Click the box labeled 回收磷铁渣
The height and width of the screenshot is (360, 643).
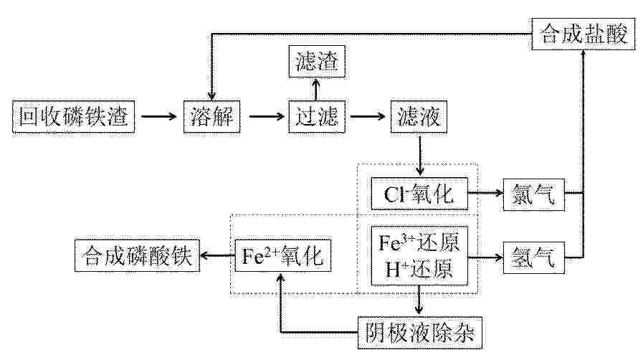click(x=73, y=116)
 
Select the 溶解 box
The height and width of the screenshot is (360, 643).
click(x=211, y=116)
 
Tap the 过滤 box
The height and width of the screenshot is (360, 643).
click(x=317, y=116)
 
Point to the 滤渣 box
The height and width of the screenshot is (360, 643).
click(x=317, y=62)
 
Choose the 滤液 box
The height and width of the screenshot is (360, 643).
click(x=419, y=116)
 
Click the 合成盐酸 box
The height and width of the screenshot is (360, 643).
click(x=583, y=34)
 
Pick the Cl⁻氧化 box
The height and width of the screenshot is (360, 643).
click(x=419, y=194)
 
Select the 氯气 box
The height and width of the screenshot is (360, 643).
click(x=534, y=194)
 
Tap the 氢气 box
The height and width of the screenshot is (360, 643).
click(x=534, y=257)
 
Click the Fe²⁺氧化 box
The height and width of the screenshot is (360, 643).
click(x=283, y=256)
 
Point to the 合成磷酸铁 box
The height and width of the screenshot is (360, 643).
click(x=137, y=256)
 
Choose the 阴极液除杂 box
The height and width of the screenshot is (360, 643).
click(x=420, y=333)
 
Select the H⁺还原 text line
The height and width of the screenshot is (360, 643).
click(x=419, y=269)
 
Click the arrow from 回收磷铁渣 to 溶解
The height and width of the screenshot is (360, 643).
click(x=158, y=116)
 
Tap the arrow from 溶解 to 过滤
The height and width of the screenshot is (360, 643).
click(x=267, y=116)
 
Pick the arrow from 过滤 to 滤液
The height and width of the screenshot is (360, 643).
click(x=368, y=116)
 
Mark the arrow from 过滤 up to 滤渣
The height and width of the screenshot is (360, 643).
click(x=315, y=90)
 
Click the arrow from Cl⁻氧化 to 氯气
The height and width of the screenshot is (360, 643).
click(x=485, y=192)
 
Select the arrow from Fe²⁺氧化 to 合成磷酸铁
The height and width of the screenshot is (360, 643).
click(x=217, y=256)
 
